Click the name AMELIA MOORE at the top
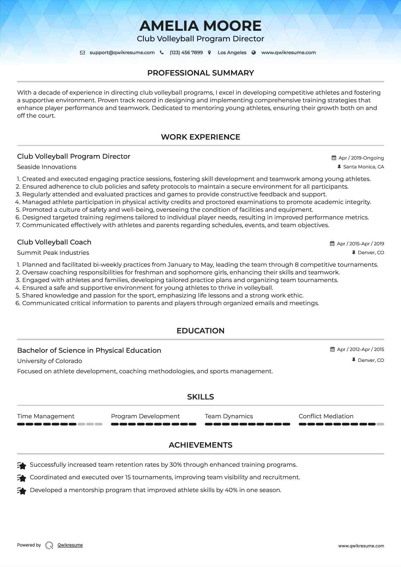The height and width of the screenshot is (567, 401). pyautogui.click(x=200, y=26)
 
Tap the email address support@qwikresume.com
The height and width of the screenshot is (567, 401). pyautogui.click(x=122, y=52)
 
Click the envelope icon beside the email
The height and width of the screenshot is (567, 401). pyautogui.click(x=82, y=53)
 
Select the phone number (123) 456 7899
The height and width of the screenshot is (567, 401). pyautogui.click(x=186, y=52)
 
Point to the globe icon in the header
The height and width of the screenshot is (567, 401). pyautogui.click(x=254, y=53)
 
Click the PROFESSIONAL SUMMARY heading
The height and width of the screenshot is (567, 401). pyautogui.click(x=200, y=73)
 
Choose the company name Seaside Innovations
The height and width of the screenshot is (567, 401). pyautogui.click(x=47, y=167)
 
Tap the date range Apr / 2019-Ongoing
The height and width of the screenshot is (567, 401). pyautogui.click(x=361, y=158)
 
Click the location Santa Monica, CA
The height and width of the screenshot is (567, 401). pyautogui.click(x=363, y=167)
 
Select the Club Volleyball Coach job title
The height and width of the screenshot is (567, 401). pyautogui.click(x=54, y=242)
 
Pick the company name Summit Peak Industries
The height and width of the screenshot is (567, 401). pyautogui.click(x=53, y=253)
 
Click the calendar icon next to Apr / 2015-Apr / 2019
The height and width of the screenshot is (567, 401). pyautogui.click(x=332, y=244)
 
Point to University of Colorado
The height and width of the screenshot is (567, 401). pyautogui.click(x=50, y=361)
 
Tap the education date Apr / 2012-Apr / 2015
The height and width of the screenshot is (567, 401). pyautogui.click(x=360, y=349)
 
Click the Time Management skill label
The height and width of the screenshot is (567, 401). pyautogui.click(x=46, y=416)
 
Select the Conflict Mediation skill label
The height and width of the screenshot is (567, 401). pyautogui.click(x=326, y=416)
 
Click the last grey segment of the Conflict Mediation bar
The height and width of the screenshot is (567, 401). pyautogui.click(x=380, y=424)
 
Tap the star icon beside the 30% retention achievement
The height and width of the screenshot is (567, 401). pyautogui.click(x=22, y=465)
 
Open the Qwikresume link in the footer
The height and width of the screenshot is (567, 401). pyautogui.click(x=70, y=545)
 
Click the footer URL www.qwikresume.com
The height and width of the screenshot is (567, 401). pyautogui.click(x=361, y=546)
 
